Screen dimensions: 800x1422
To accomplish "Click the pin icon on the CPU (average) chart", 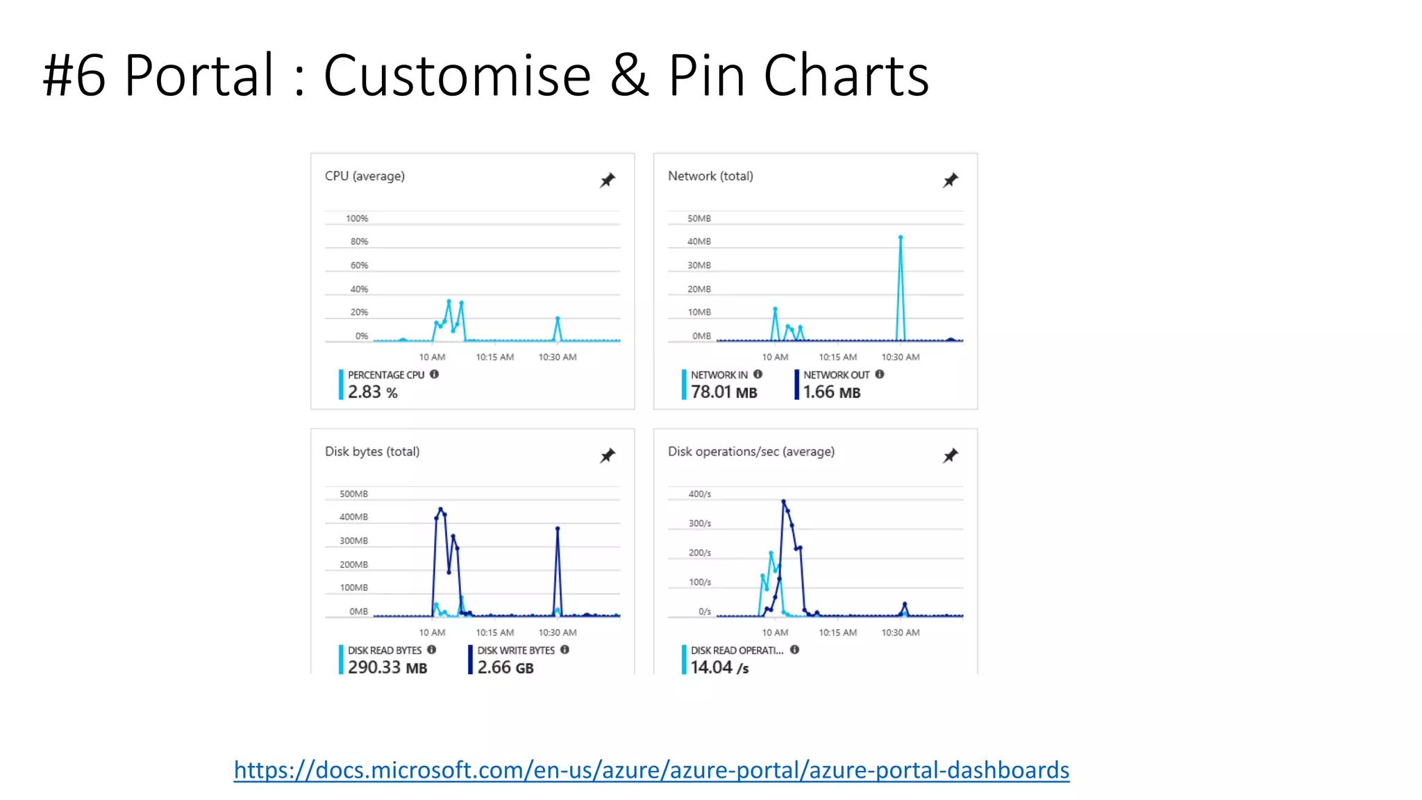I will click(x=608, y=181).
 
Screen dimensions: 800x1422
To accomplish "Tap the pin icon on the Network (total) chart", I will click(x=951, y=181).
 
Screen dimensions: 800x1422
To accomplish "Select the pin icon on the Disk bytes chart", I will click(x=608, y=456).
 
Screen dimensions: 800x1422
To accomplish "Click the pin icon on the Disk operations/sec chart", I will click(x=951, y=456).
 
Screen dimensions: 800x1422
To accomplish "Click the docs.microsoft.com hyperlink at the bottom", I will click(x=651, y=770).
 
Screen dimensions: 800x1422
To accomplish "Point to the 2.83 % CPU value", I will click(x=372, y=392).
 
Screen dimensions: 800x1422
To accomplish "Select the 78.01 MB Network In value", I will click(x=723, y=392).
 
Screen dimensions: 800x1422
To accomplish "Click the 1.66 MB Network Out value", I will click(x=832, y=392).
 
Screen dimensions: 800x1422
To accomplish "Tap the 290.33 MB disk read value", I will click(x=387, y=667).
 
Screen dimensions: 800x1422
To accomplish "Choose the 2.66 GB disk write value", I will click(x=505, y=667).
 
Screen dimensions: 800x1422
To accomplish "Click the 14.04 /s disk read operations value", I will click(x=719, y=667).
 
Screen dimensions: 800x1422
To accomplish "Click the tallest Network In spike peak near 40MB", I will click(x=901, y=237).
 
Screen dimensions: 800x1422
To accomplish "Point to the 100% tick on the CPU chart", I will click(x=357, y=219).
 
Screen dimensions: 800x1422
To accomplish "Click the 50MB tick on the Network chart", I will click(x=699, y=219).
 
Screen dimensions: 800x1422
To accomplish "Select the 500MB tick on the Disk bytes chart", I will click(x=353, y=494).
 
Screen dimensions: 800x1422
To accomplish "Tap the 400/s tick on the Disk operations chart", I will click(x=699, y=494).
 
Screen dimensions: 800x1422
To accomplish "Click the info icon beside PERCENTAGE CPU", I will click(x=435, y=374).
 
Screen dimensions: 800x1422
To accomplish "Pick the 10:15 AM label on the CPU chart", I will click(x=494, y=357).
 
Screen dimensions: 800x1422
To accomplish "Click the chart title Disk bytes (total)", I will click(x=372, y=451).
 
